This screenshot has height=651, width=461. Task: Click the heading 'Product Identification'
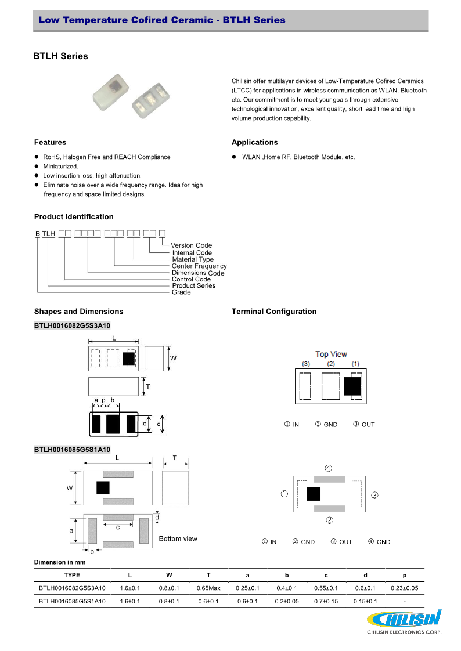click(x=74, y=217)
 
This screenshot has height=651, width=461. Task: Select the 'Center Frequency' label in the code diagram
click(x=199, y=266)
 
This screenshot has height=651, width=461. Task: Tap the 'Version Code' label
click(x=191, y=245)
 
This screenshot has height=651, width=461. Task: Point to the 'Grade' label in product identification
click(x=181, y=292)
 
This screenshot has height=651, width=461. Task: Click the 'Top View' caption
click(x=331, y=354)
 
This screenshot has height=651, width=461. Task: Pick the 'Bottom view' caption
click(x=178, y=539)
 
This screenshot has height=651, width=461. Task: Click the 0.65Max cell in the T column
click(x=208, y=588)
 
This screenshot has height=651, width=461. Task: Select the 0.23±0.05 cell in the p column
click(x=404, y=588)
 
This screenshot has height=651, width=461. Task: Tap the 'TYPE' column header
click(x=72, y=576)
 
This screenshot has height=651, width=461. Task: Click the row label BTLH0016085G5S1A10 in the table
click(x=72, y=602)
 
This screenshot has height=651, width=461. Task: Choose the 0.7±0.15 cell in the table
click(x=326, y=602)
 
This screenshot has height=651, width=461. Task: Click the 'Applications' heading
click(x=254, y=143)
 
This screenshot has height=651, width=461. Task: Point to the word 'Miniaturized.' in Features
click(x=60, y=167)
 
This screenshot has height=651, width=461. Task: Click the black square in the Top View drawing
click(x=352, y=385)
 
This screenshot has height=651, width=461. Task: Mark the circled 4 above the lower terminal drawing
click(x=329, y=468)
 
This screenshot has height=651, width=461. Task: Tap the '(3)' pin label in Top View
click(x=306, y=364)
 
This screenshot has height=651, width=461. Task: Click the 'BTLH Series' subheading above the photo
click(x=61, y=56)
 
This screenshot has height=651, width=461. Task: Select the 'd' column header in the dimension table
click(x=365, y=576)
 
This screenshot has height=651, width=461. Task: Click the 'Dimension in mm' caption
click(x=60, y=562)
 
